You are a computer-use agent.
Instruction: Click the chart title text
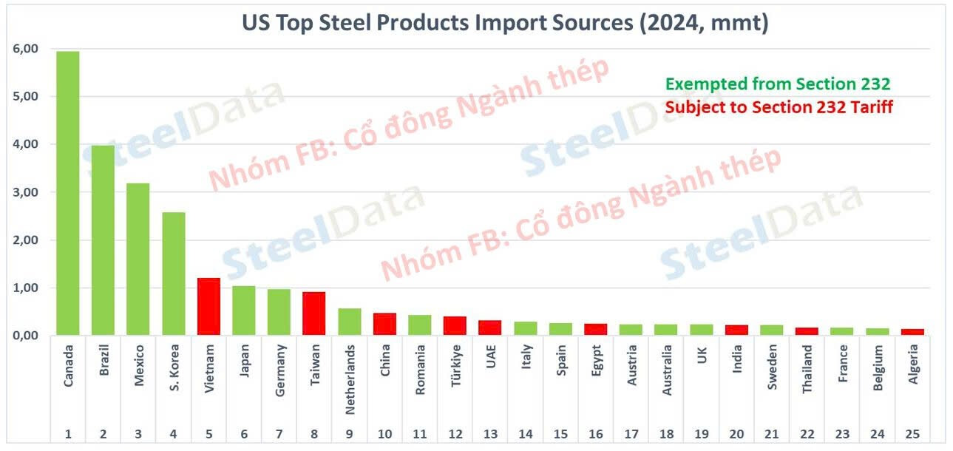click(505, 23)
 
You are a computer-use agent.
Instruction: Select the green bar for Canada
click(67, 193)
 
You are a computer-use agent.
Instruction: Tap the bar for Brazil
click(103, 240)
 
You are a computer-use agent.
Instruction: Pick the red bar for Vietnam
click(208, 307)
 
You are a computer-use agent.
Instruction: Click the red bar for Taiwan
click(313, 313)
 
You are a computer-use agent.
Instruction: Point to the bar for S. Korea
click(173, 274)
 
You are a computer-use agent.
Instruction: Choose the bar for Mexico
click(138, 259)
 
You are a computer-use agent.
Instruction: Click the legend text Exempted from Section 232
click(778, 84)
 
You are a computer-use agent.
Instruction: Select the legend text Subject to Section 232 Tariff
click(779, 107)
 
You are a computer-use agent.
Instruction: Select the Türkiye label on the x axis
click(455, 361)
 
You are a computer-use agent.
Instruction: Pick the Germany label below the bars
click(279, 362)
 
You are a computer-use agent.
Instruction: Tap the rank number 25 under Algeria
click(912, 434)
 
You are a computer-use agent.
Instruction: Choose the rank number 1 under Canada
click(67, 434)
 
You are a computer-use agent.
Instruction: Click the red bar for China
click(384, 324)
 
